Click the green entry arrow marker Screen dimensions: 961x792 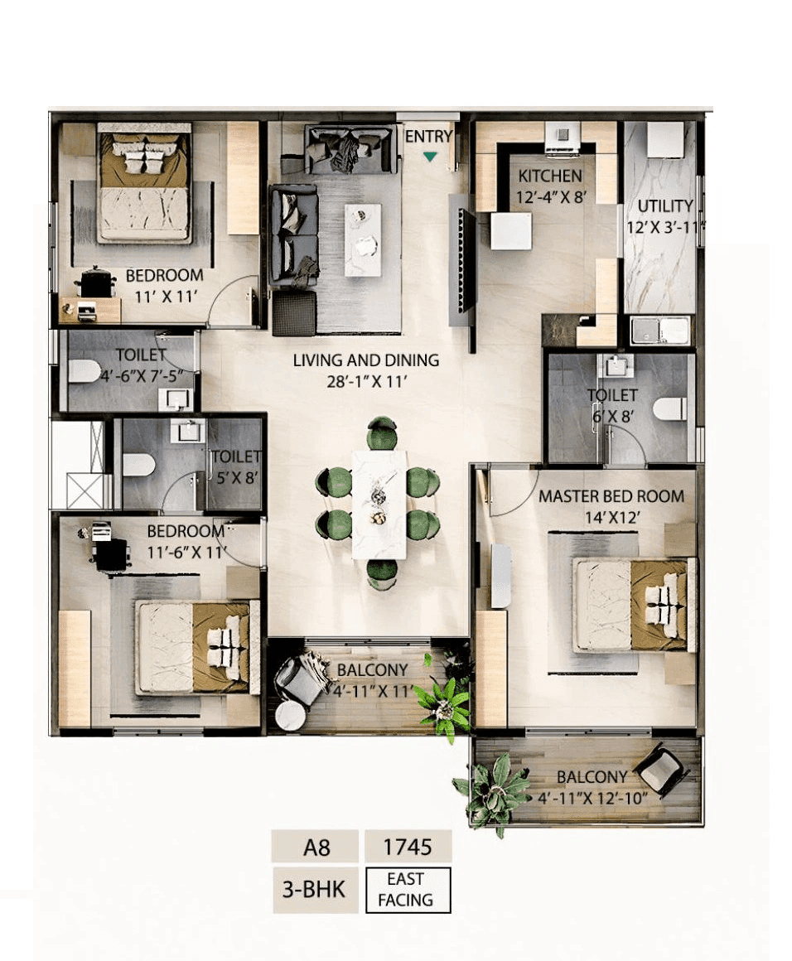pyautogui.click(x=429, y=156)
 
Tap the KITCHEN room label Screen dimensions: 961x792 pyautogui.click(x=550, y=176)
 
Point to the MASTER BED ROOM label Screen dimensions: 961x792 pyautogui.click(x=611, y=496)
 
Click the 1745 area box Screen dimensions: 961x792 pyautogui.click(x=408, y=847)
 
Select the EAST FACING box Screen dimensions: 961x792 pyautogui.click(x=408, y=889)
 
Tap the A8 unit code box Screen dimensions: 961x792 pyautogui.click(x=315, y=847)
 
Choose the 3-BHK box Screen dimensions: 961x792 pyautogui.click(x=315, y=890)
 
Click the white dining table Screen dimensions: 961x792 pyautogui.click(x=379, y=504)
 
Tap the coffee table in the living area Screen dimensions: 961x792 pyautogui.click(x=363, y=239)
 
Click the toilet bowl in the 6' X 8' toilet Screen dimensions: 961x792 pyautogui.click(x=669, y=408)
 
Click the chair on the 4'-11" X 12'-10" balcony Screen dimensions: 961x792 pyautogui.click(x=661, y=769)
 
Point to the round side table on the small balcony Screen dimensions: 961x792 pyautogui.click(x=291, y=716)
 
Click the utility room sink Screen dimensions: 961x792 pyautogui.click(x=659, y=331)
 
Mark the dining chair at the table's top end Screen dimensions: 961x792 pyautogui.click(x=381, y=432)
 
